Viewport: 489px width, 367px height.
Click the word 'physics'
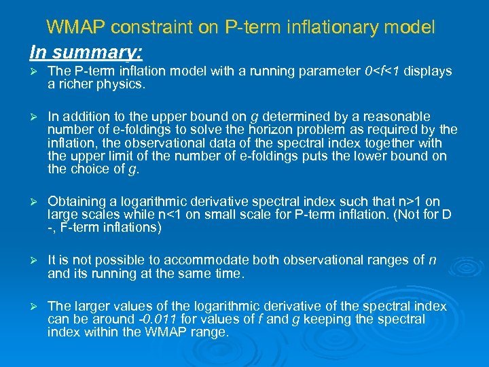coord(122,85)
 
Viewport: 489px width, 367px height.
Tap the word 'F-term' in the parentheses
coord(76,228)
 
